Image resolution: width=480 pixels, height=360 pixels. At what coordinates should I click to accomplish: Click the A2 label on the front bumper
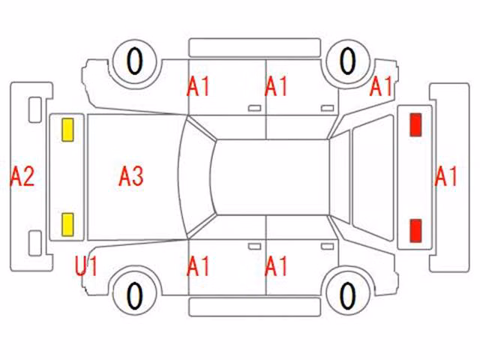pyautogui.click(x=22, y=177)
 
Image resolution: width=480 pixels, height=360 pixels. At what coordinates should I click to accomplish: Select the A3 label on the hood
pyautogui.click(x=131, y=176)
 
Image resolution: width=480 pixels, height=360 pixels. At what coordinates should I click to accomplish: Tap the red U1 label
pyautogui.click(x=86, y=266)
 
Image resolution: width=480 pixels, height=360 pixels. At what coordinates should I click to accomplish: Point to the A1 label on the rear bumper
pyautogui.click(x=445, y=176)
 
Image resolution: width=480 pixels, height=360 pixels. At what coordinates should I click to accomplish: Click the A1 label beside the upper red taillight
pyautogui.click(x=381, y=86)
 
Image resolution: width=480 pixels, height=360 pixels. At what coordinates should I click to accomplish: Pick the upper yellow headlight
pyautogui.click(x=67, y=130)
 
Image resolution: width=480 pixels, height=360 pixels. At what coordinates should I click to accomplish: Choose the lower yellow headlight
pyautogui.click(x=67, y=225)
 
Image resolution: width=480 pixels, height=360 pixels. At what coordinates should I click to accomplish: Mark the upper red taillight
pyautogui.click(x=415, y=124)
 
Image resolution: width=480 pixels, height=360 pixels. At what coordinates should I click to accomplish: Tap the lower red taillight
pyautogui.click(x=415, y=231)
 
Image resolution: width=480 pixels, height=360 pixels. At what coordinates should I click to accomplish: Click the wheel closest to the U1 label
pyautogui.click(x=135, y=294)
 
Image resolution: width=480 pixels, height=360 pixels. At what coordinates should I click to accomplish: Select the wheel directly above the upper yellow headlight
pyautogui.click(x=135, y=61)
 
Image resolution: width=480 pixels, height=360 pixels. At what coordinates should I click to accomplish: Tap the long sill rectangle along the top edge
pyautogui.click(x=255, y=47)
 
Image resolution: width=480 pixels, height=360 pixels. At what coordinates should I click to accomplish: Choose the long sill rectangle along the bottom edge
pyautogui.click(x=255, y=307)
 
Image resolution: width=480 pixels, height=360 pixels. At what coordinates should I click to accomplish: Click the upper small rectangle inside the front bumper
pyautogui.click(x=35, y=109)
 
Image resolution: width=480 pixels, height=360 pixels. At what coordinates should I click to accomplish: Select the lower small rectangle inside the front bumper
pyautogui.click(x=35, y=243)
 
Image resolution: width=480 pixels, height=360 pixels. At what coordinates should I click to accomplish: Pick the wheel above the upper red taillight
pyautogui.click(x=348, y=61)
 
